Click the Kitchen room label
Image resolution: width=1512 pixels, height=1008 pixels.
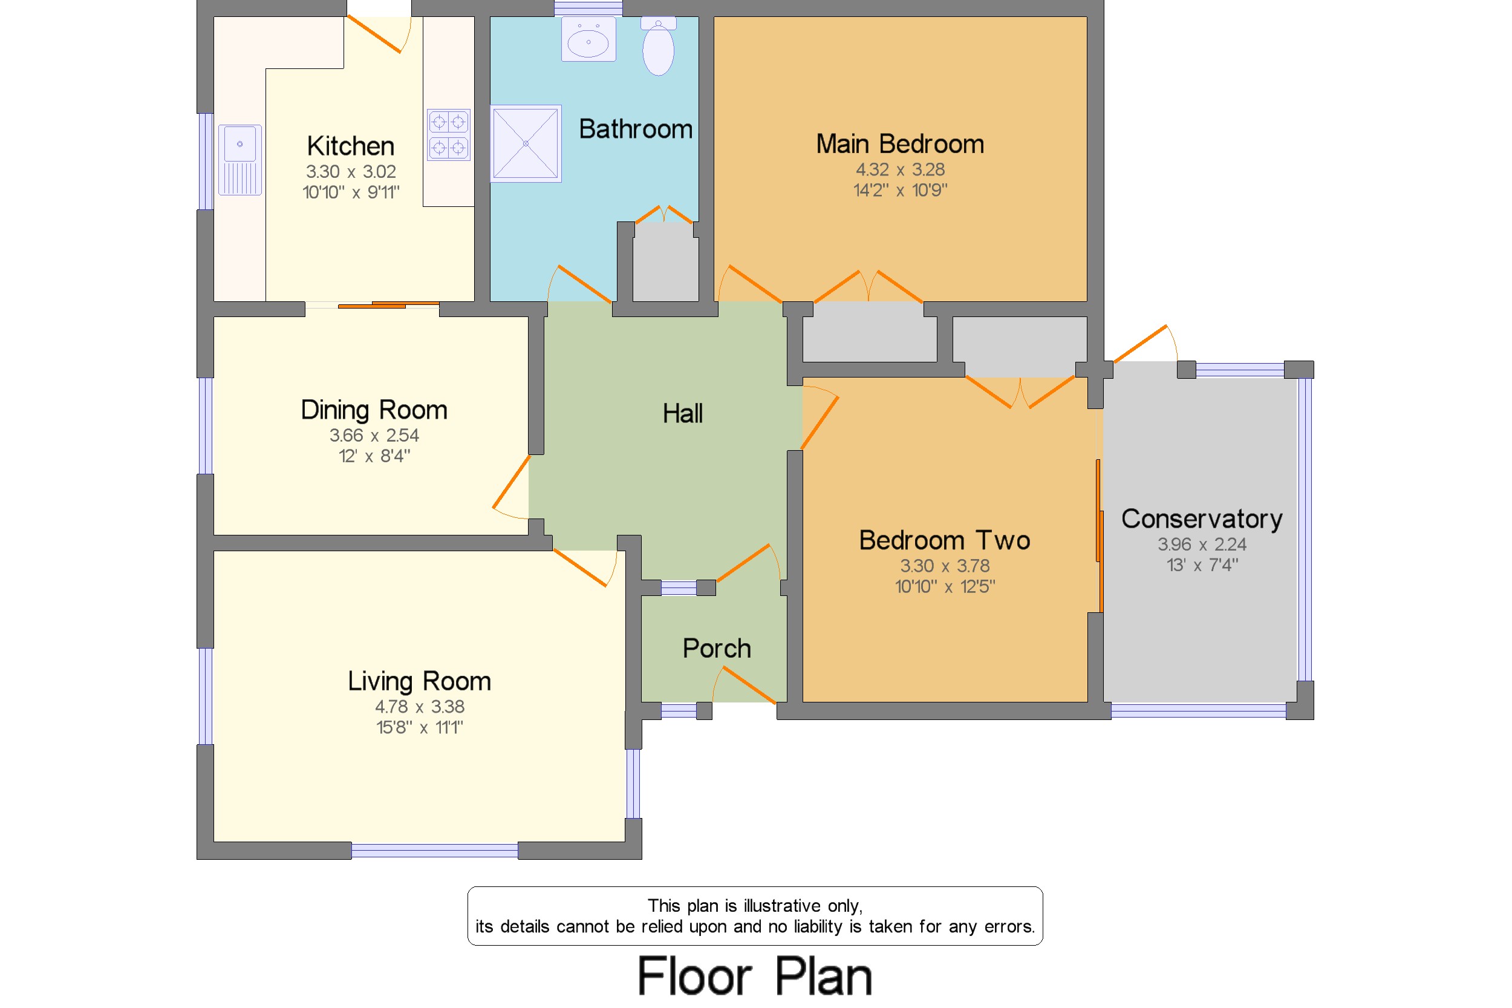[350, 146]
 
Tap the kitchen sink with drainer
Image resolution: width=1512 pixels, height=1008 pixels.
[240, 160]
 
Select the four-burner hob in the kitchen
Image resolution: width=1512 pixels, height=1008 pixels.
[449, 134]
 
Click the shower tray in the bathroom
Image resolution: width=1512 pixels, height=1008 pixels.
[526, 143]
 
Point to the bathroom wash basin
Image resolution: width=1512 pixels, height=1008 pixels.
[588, 39]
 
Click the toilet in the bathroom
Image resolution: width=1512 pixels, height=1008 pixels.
[659, 45]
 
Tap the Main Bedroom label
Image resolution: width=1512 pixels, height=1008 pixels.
[899, 144]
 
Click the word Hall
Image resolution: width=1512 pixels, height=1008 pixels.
[682, 413]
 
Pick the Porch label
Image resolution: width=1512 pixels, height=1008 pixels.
[717, 648]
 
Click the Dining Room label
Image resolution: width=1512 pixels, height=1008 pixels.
[374, 410]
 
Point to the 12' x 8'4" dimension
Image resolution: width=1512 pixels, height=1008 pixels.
[374, 456]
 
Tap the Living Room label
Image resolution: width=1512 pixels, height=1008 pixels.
[419, 681]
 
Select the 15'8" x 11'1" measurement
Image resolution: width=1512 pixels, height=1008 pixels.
[420, 727]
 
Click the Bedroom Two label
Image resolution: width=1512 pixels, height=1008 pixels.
[945, 541]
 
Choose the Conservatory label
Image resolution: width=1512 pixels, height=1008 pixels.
[1202, 519]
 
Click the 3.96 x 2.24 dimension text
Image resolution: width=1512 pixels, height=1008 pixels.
[1202, 545]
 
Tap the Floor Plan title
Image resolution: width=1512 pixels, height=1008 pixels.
[755, 976]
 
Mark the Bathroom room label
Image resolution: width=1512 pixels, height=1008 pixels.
[636, 129]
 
